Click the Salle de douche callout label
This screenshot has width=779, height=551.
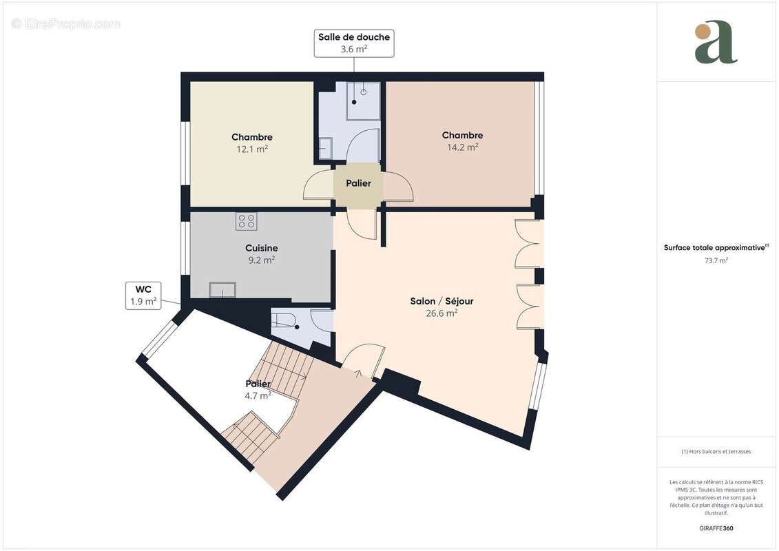tap(354, 43)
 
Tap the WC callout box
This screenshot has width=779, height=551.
tap(143, 295)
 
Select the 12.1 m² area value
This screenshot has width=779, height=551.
tap(252, 149)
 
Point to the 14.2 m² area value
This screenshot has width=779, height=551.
tap(462, 147)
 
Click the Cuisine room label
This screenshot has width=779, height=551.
tap(261, 248)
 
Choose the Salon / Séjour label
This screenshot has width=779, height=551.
tap(442, 301)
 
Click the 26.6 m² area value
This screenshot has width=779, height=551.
tap(442, 313)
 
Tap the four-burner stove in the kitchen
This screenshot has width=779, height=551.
tap(247, 221)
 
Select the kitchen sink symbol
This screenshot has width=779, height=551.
tap(222, 290)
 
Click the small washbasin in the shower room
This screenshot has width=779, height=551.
tap(325, 147)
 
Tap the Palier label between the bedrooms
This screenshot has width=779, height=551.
tap(358, 183)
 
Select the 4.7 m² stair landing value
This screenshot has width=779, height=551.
tap(258, 395)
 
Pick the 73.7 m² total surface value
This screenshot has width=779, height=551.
tap(716, 260)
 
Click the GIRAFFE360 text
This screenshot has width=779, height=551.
tap(716, 528)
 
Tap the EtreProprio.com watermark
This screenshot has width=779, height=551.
tap(65, 23)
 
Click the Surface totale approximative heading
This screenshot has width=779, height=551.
tap(715, 247)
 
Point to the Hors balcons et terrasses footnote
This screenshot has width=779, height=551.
tap(716, 452)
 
